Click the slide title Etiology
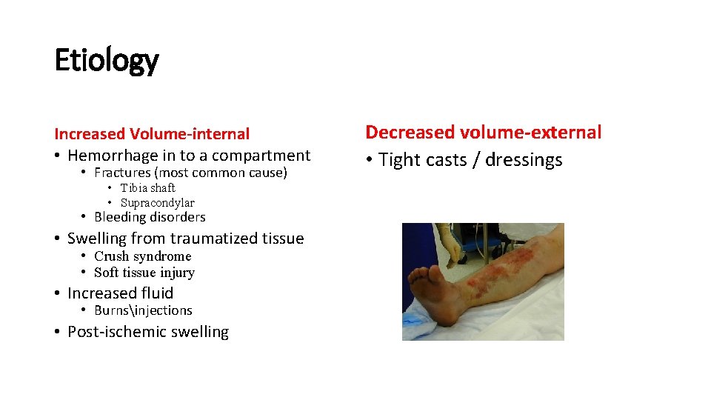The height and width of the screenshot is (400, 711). click(106, 60)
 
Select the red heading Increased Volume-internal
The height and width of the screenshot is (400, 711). click(152, 134)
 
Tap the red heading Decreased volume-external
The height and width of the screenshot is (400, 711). click(483, 133)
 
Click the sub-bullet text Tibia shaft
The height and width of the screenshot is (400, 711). click(147, 188)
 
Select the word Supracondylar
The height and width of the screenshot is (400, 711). click(157, 203)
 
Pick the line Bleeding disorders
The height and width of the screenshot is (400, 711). click(150, 217)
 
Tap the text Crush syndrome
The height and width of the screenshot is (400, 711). click(142, 256)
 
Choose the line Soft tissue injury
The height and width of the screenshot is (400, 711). click(144, 273)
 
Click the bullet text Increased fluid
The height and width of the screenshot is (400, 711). click(120, 293)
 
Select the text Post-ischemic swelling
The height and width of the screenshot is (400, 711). click(147, 332)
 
